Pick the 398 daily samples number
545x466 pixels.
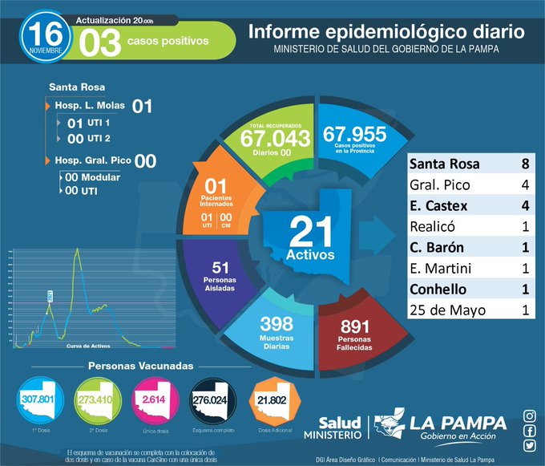pos(277,324)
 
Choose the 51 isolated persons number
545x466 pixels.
pos(221,267)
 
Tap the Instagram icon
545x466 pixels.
pos(530,415)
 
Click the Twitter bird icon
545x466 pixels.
pos(530,446)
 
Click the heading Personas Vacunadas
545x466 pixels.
pos(141,366)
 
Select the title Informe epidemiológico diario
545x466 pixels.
pos(387,34)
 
